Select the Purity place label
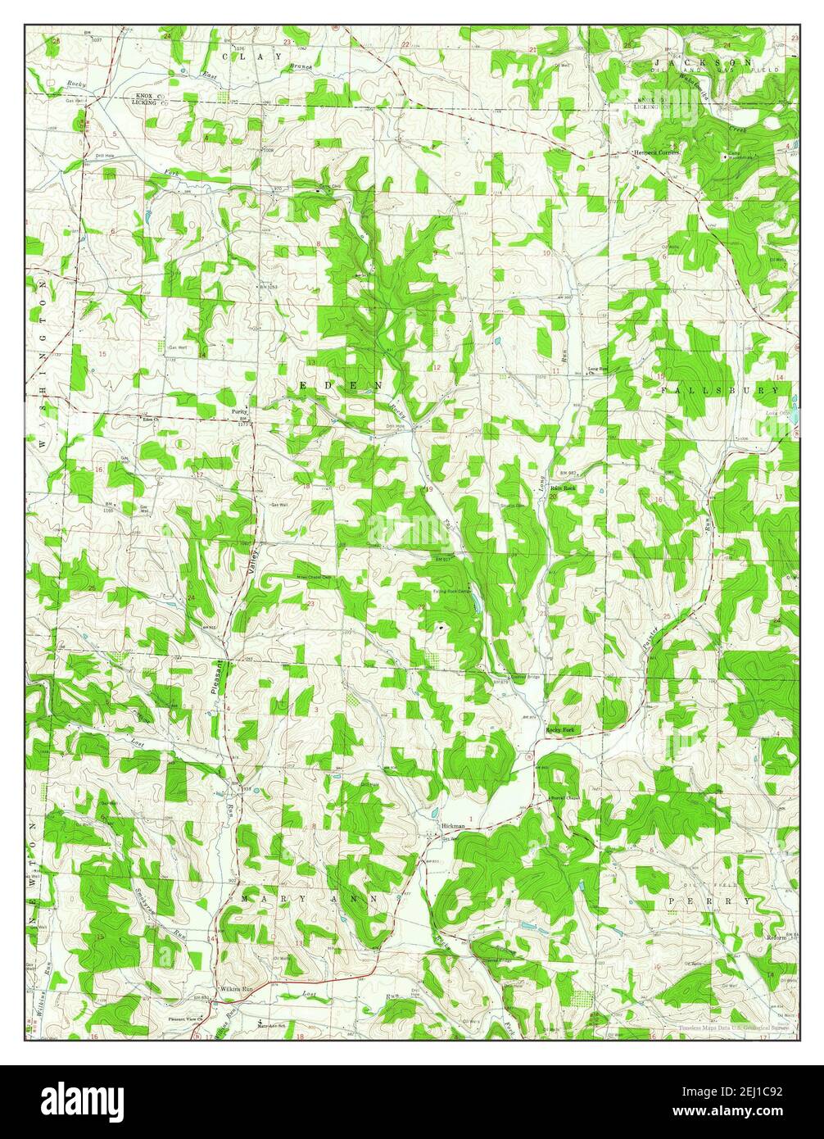click(x=239, y=412)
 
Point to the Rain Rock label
click(x=564, y=488)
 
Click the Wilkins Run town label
click(x=238, y=989)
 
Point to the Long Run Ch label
click(x=600, y=371)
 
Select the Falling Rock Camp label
click(x=452, y=590)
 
